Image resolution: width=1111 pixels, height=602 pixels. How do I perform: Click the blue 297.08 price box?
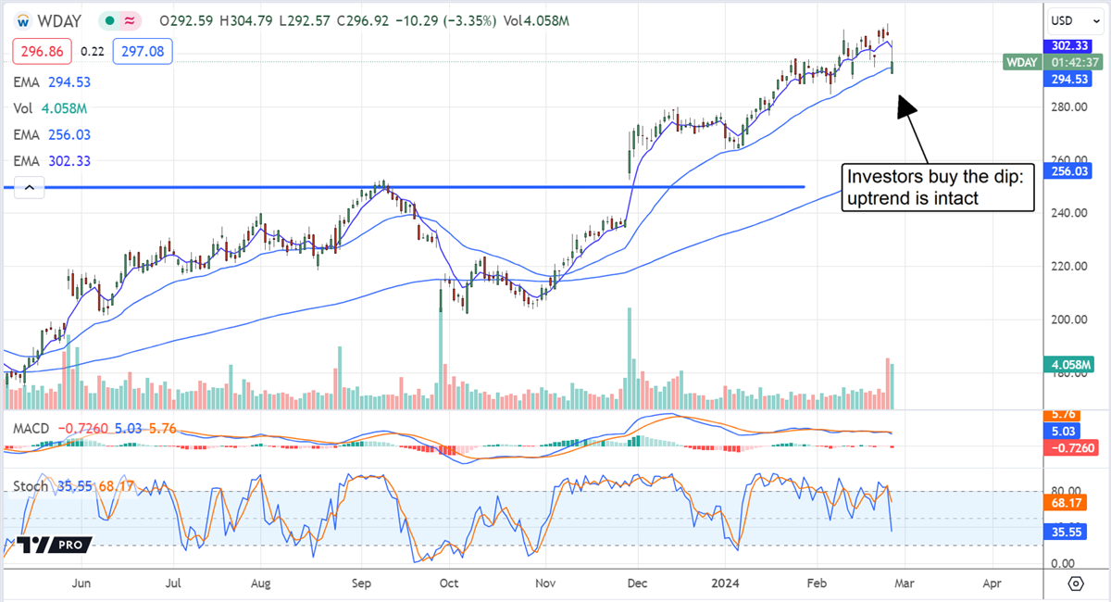click(x=144, y=52)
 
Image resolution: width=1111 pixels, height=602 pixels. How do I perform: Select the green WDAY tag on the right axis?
click(x=1024, y=62)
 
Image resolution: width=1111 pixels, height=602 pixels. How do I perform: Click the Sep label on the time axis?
click(x=361, y=584)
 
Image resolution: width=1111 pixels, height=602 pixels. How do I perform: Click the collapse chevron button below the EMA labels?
click(x=30, y=188)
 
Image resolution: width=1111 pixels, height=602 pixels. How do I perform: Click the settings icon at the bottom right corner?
click(x=1075, y=583)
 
